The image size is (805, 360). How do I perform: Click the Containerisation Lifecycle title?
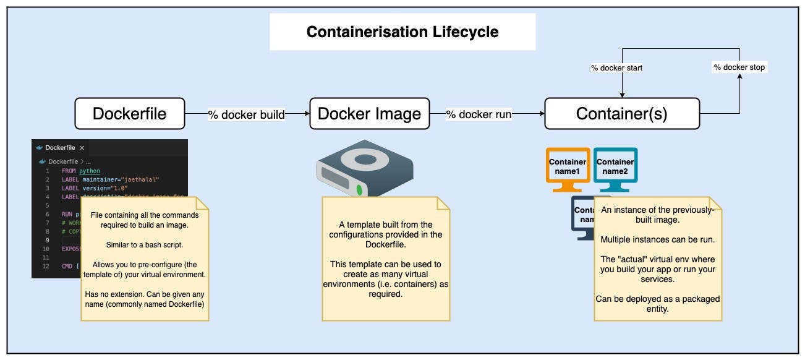[x=402, y=32]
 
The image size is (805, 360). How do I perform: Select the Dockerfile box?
[x=129, y=114]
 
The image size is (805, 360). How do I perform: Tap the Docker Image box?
[x=369, y=114]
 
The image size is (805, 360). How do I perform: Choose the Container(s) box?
[x=621, y=114]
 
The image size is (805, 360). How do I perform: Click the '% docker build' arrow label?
[x=246, y=114]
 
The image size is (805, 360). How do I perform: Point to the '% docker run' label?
[x=479, y=114]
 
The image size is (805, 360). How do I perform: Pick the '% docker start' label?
[x=616, y=67]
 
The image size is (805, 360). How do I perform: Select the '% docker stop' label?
[x=739, y=67]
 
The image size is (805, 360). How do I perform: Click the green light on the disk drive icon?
[x=359, y=191]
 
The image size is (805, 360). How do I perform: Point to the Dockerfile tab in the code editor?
[x=60, y=148]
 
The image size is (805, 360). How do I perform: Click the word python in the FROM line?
[x=90, y=171]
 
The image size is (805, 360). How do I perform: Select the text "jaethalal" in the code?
[x=142, y=179]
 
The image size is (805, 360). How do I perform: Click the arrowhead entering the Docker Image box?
[x=306, y=114]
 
